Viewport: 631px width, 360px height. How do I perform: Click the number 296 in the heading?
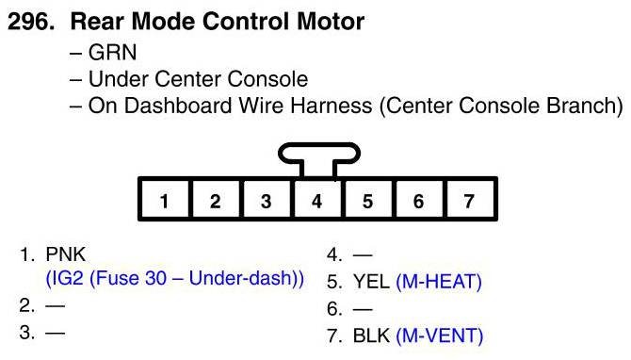click(x=30, y=22)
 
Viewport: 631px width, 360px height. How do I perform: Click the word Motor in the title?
click(x=330, y=22)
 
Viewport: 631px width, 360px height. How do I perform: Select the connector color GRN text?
click(x=112, y=53)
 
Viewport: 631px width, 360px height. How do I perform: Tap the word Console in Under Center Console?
click(x=267, y=79)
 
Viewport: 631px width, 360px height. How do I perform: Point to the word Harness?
click(x=331, y=106)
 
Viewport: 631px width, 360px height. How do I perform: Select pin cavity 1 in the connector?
click(x=164, y=200)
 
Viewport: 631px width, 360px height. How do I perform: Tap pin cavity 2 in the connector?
click(x=216, y=200)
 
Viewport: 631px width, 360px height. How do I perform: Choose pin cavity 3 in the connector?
click(x=266, y=200)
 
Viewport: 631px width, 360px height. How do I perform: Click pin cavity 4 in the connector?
click(x=317, y=200)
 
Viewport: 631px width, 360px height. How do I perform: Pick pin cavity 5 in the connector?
click(x=368, y=200)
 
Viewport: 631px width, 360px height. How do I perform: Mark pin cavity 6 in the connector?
click(x=419, y=200)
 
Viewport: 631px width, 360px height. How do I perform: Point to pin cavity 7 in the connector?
click(x=470, y=200)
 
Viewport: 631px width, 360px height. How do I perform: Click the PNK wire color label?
click(x=66, y=254)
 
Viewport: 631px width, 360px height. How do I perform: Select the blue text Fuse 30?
click(x=127, y=278)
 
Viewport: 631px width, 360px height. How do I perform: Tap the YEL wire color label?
click(x=371, y=282)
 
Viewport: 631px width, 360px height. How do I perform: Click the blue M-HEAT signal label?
click(x=439, y=282)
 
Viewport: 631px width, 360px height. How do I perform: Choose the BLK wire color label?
click(x=371, y=335)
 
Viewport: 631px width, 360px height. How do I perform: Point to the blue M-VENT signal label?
click(x=440, y=335)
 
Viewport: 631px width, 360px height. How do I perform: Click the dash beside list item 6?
click(x=363, y=309)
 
